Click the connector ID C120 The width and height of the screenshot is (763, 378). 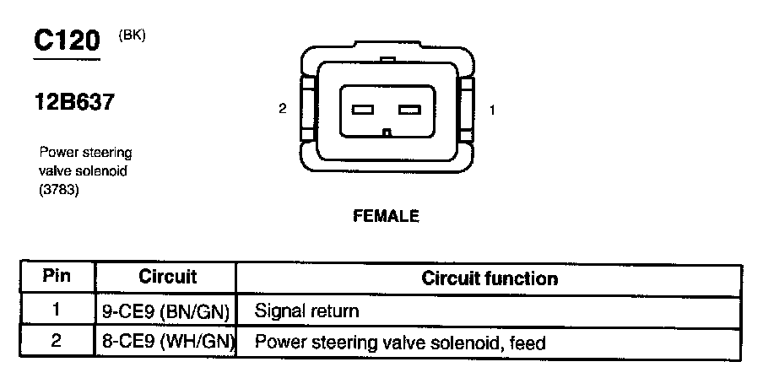click(x=66, y=40)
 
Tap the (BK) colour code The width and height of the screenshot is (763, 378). click(x=133, y=35)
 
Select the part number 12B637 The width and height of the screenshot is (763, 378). click(x=73, y=103)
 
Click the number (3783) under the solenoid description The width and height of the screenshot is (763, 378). click(x=57, y=190)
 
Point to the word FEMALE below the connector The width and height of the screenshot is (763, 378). click(x=386, y=216)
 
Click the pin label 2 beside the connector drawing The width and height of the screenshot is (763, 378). click(x=284, y=109)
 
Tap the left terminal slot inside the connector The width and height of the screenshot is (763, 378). click(x=363, y=110)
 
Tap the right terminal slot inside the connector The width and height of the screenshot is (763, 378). click(x=409, y=110)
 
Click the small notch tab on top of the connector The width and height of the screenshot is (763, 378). click(x=387, y=60)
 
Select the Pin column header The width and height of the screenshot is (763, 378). click(x=56, y=277)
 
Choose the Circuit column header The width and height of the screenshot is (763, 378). click(x=167, y=277)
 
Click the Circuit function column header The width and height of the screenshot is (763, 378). click(x=489, y=278)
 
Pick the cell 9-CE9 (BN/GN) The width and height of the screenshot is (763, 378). click(x=166, y=310)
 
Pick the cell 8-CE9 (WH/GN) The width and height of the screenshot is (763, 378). click(x=166, y=343)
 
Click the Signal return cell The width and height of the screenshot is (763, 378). click(x=306, y=310)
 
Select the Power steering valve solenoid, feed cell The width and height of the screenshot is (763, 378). click(x=400, y=343)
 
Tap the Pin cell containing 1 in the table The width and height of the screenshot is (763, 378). click(x=56, y=310)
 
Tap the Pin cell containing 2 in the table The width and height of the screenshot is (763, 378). click(x=56, y=342)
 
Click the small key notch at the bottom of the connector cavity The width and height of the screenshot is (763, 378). click(x=387, y=132)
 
